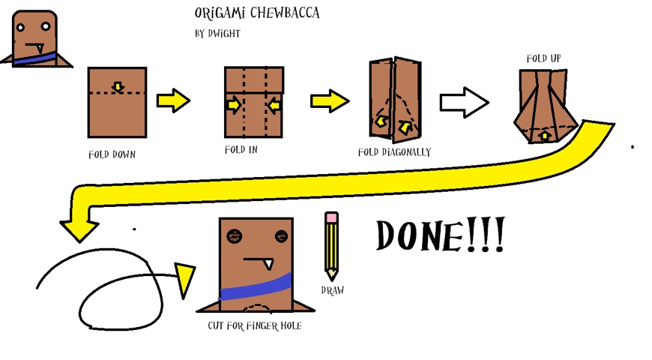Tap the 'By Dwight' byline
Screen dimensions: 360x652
(217, 34)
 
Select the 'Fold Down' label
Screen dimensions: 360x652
(112, 154)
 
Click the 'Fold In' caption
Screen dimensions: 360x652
(241, 150)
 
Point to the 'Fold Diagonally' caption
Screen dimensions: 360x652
(394, 152)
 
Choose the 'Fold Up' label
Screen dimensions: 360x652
(543, 58)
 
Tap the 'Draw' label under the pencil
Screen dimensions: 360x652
(332, 290)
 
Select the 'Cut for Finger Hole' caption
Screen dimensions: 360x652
(255, 326)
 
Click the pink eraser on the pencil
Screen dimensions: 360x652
(331, 217)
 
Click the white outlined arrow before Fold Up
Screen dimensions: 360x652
(464, 102)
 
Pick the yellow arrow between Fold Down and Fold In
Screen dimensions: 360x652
(173, 100)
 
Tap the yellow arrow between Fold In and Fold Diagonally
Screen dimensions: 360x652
(330, 100)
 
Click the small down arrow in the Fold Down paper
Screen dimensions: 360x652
(118, 88)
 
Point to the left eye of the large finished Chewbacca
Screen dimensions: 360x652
(235, 236)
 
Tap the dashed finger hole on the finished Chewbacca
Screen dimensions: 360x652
(257, 307)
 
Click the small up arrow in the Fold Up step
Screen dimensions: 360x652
(544, 136)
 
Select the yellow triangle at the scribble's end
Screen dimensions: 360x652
(184, 279)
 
